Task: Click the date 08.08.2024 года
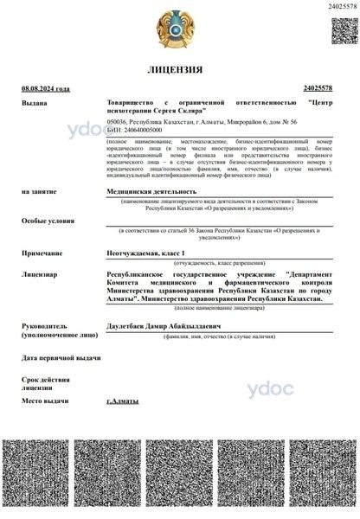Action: [x=46, y=89]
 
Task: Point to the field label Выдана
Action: [x=34, y=102]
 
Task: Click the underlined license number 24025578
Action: [x=318, y=89]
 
